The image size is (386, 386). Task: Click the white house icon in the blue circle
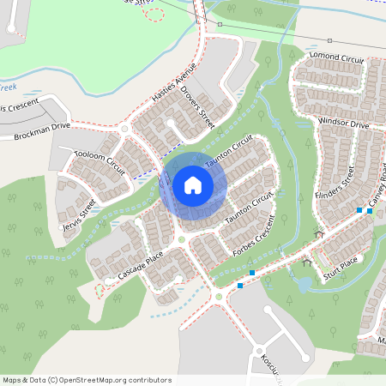tap(192, 184)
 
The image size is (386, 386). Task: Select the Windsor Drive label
tap(342, 124)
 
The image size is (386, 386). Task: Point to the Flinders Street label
tap(334, 183)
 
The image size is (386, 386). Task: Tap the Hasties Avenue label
tap(174, 83)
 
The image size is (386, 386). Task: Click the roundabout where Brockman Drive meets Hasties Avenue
tap(124, 129)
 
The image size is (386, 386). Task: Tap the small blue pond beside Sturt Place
tap(304, 284)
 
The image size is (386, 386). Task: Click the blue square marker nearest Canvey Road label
tap(370, 211)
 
